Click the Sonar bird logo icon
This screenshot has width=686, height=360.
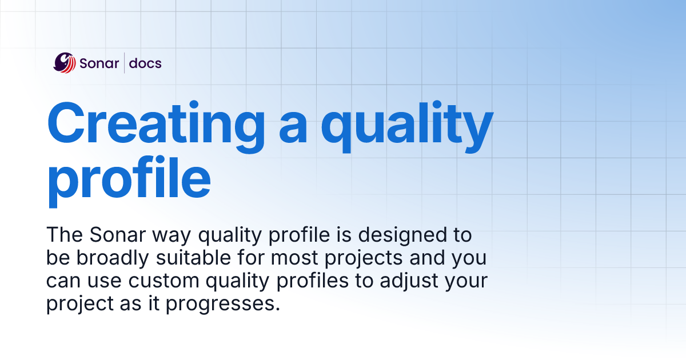(x=65, y=63)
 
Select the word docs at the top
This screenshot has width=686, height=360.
(x=145, y=63)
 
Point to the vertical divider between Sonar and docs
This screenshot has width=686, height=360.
(x=125, y=63)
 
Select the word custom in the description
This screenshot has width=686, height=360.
(x=161, y=281)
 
